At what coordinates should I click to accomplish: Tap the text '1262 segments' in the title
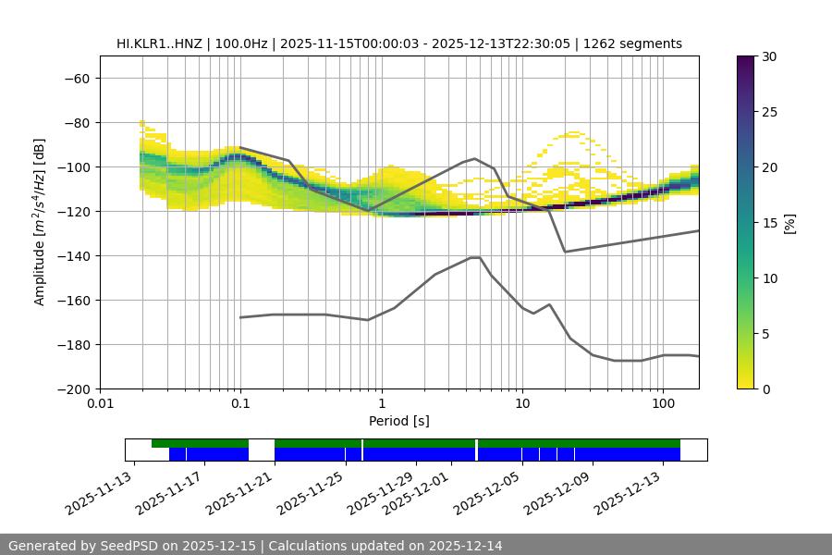pyautogui.click(x=639, y=43)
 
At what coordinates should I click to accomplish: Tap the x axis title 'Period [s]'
pyautogui.click(x=399, y=421)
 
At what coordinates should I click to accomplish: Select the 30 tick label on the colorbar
pyautogui.click(x=770, y=56)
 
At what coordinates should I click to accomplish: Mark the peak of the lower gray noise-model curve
pyautogui.click(x=475, y=257)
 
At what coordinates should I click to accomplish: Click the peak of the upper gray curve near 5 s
pyautogui.click(x=475, y=158)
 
